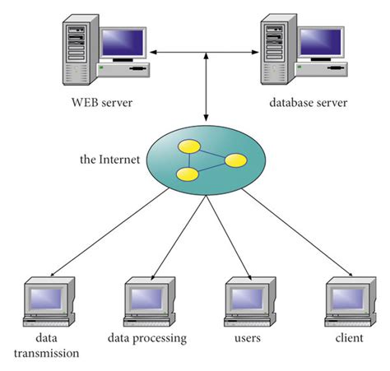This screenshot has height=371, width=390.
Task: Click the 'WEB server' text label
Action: click(x=101, y=104)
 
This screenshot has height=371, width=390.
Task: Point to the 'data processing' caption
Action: click(x=147, y=338)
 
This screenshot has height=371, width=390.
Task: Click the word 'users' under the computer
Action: click(x=245, y=338)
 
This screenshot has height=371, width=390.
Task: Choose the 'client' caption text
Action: click(x=349, y=338)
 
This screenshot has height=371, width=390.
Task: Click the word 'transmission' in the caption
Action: click(x=46, y=354)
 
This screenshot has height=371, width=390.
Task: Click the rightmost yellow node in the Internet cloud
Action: click(x=236, y=160)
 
